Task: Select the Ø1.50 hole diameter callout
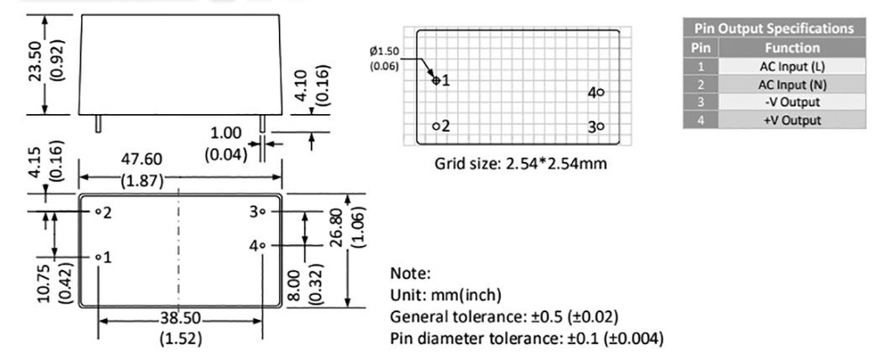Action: click(385, 51)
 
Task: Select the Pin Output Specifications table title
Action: click(774, 30)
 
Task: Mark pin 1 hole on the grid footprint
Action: click(437, 80)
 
